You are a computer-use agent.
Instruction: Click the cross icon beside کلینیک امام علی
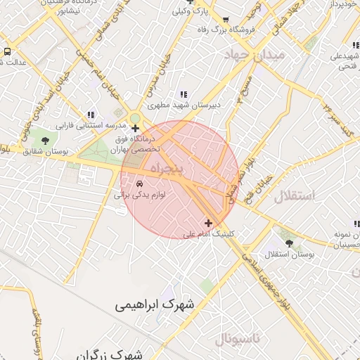[208, 223]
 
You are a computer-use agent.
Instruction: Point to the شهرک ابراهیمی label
[157, 305]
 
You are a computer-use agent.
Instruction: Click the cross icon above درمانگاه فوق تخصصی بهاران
[135, 128]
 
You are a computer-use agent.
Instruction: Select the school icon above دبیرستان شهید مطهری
[184, 94]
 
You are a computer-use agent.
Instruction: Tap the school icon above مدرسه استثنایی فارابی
[91, 115]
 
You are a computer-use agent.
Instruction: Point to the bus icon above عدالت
[7, 52]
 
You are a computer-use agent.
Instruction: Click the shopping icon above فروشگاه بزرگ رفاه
[225, 20]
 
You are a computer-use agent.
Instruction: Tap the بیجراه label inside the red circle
[166, 169]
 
